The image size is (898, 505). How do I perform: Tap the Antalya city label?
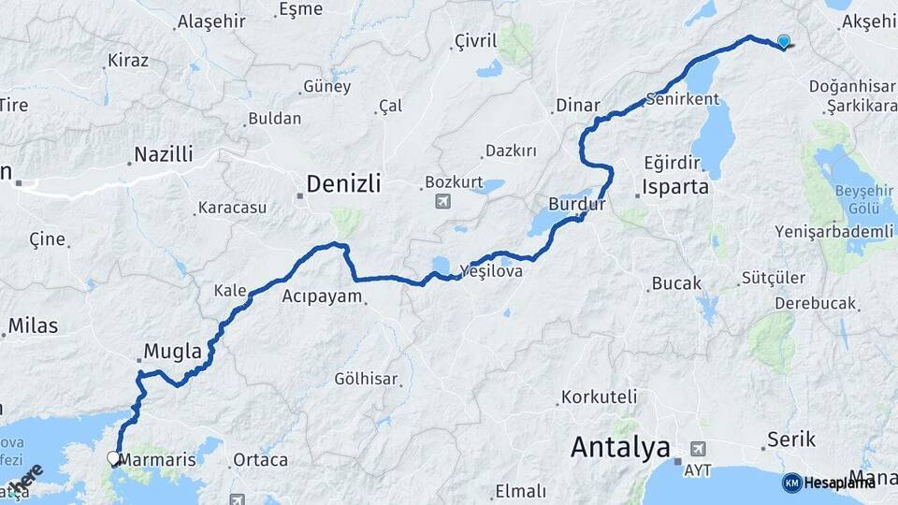[x=620, y=448]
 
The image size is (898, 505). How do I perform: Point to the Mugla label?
[x=172, y=352]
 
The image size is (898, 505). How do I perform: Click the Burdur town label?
[x=577, y=203]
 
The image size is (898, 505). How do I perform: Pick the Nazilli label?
[x=163, y=154]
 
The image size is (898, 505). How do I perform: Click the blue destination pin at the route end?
[x=783, y=41]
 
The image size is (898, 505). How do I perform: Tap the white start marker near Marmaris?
[x=114, y=458]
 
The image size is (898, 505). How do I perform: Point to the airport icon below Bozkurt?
[x=442, y=201]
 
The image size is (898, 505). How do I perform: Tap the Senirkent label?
[x=682, y=98]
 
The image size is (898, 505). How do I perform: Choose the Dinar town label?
[x=577, y=106]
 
